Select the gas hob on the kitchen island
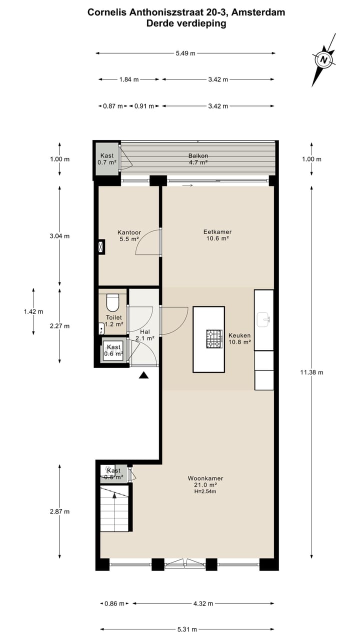pyautogui.click(x=214, y=338)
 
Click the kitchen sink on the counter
pyautogui.click(x=263, y=318)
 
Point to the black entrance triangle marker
pyautogui.click(x=144, y=375)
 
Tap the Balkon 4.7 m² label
pyautogui.click(x=198, y=159)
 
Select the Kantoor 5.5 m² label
pyautogui.click(x=129, y=236)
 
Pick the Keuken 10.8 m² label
pyautogui.click(x=239, y=338)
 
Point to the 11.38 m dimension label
pyautogui.click(x=311, y=372)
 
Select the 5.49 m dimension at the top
pyautogui.click(x=185, y=53)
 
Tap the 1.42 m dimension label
pyautogui.click(x=33, y=311)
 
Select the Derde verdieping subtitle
pyautogui.click(x=186, y=23)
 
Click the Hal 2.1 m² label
pyautogui.click(x=145, y=335)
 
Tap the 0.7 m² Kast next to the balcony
pyautogui.click(x=106, y=159)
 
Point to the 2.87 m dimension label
pyautogui.click(x=60, y=511)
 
